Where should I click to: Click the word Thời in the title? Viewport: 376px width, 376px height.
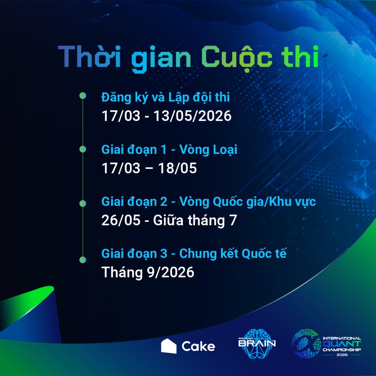(89, 56)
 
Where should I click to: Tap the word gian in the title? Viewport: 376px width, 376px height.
(161, 59)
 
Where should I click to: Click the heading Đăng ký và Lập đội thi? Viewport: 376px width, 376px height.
(165, 97)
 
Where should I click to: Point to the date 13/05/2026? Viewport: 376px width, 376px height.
(192, 116)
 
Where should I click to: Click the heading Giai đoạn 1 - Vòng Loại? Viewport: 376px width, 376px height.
(169, 150)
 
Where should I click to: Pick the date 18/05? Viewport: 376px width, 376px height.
(178, 168)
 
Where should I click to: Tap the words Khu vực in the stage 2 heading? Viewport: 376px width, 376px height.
(292, 202)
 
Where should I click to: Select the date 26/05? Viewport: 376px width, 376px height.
(120, 220)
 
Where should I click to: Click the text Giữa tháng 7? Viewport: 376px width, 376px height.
(195, 220)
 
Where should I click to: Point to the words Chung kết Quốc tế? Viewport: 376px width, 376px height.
(233, 253)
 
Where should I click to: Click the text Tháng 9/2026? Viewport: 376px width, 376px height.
(148, 272)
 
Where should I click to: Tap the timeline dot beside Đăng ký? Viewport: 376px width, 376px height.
(83, 96)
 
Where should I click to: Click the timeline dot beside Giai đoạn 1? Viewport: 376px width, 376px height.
(83, 149)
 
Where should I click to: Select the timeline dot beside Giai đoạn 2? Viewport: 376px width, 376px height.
(83, 203)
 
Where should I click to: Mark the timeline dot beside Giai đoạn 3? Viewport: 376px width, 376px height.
(83, 260)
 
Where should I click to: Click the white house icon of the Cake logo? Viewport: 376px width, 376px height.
(169, 346)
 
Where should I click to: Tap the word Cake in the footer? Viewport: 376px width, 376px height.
(198, 346)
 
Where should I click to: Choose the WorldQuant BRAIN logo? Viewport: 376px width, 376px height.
(257, 343)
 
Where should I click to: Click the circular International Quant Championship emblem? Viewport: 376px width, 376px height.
(306, 343)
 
